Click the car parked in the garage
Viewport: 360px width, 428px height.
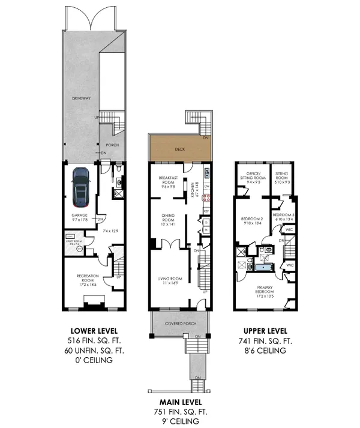coord(80,185)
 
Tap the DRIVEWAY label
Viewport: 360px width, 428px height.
coord(80,97)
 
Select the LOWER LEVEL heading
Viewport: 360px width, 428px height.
coord(94,331)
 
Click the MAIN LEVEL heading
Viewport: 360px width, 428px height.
coord(180,402)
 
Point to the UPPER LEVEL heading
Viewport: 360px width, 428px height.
coord(265,331)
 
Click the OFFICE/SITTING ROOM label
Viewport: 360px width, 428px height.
coord(252,177)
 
